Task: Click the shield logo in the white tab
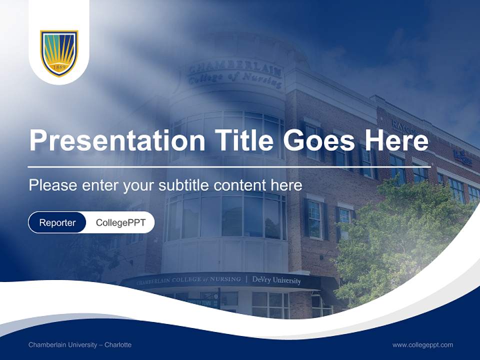(59, 53)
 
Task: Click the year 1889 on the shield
(59, 66)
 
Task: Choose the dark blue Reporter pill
(57, 222)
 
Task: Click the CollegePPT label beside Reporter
(120, 222)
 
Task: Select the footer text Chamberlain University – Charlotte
(80, 344)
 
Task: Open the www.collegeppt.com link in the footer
(422, 344)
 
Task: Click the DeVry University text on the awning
(276, 280)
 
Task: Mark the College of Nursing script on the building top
(235, 79)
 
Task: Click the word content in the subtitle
(242, 185)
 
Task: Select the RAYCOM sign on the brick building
(402, 127)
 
